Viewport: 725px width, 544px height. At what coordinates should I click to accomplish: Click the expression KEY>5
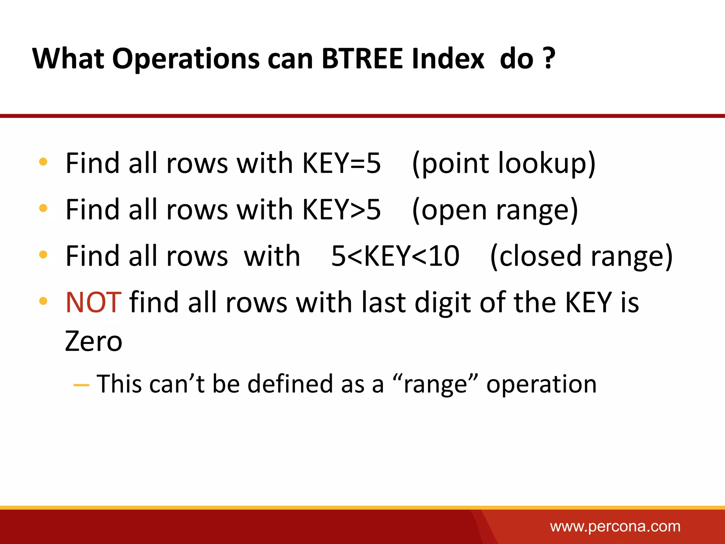(341, 209)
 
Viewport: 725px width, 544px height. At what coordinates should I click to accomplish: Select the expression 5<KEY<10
(395, 256)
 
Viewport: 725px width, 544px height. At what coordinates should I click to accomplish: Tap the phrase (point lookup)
(504, 164)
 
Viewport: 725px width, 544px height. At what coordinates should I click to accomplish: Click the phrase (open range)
(495, 210)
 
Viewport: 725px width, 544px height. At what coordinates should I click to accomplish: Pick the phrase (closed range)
(581, 256)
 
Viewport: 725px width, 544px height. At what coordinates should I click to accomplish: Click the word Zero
(93, 341)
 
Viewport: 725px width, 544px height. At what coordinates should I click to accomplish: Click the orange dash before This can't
(81, 385)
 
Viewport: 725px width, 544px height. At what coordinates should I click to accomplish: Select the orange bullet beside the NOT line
(43, 301)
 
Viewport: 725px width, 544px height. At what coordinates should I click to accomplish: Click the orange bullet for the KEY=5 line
(43, 162)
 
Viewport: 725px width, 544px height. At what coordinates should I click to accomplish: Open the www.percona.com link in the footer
(615, 526)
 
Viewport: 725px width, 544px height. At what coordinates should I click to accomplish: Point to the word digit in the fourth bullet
(443, 303)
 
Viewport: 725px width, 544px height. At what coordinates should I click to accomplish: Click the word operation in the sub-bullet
(541, 384)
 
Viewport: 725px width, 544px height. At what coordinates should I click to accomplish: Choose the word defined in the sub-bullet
(290, 384)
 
